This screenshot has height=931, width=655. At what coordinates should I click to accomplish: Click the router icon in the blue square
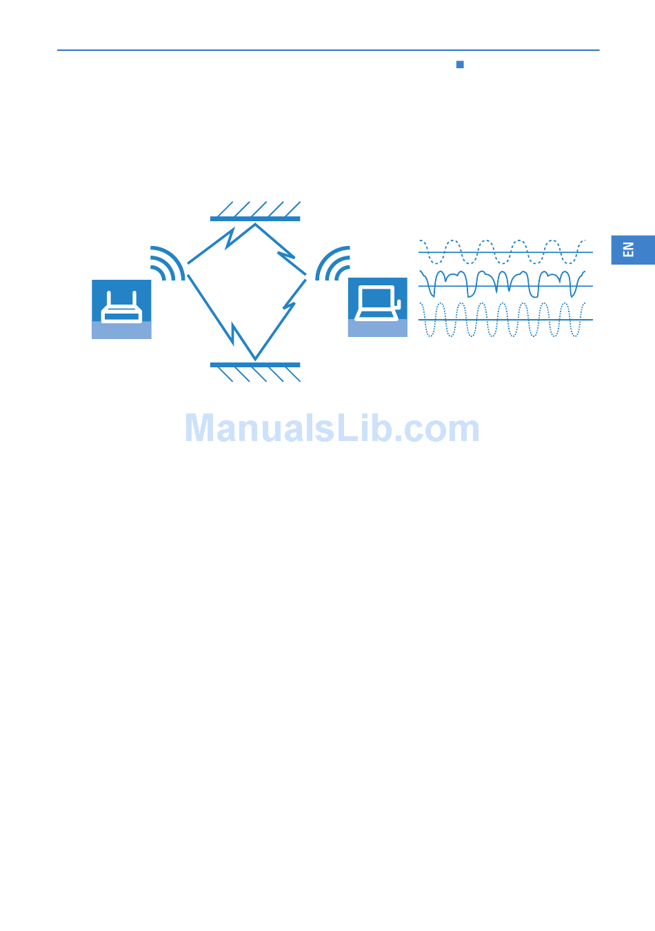(x=121, y=306)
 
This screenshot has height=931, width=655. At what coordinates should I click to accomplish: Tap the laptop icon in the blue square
(x=377, y=303)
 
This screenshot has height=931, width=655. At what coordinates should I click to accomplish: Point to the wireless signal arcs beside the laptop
(x=334, y=263)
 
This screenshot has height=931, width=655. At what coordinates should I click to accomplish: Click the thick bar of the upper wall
(x=255, y=218)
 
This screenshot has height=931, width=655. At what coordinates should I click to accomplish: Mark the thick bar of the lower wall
(x=255, y=365)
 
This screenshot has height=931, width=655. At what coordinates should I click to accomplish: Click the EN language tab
(x=632, y=249)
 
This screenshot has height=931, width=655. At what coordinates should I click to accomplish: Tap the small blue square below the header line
(x=460, y=65)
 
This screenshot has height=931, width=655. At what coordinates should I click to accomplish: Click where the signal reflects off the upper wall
(x=255, y=224)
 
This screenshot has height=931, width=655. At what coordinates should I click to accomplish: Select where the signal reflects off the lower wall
(x=255, y=359)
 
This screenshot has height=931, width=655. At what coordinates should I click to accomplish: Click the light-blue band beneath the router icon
(x=121, y=330)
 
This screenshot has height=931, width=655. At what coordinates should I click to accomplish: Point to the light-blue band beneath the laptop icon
(x=377, y=328)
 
